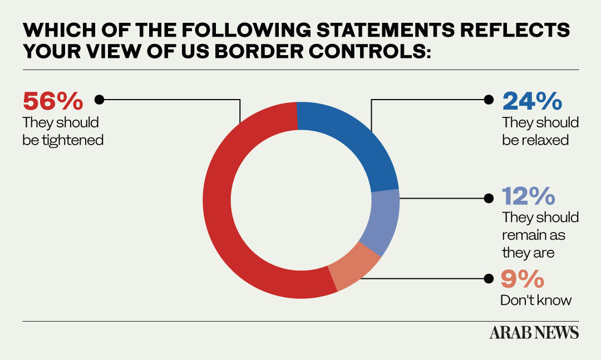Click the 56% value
(x=53, y=101)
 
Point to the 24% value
(x=532, y=101)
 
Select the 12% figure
(x=529, y=196)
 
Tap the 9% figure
(x=520, y=278)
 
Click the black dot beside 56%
(x=100, y=100)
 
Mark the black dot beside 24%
(x=489, y=100)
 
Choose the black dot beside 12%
(x=489, y=198)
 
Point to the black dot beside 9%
(x=489, y=278)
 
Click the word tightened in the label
(x=72, y=140)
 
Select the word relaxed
(x=545, y=140)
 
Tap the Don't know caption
(x=536, y=300)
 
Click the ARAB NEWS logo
(x=534, y=333)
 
